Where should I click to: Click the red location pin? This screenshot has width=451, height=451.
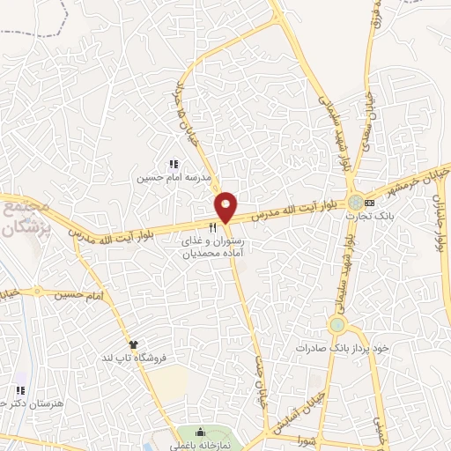[x=226, y=207]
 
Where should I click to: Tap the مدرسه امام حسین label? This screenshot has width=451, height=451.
[x=174, y=177]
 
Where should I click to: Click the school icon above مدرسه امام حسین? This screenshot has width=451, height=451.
[x=174, y=164]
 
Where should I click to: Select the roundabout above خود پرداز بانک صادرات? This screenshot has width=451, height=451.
[x=336, y=326]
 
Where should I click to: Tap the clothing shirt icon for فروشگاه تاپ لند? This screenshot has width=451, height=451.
[x=133, y=344]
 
